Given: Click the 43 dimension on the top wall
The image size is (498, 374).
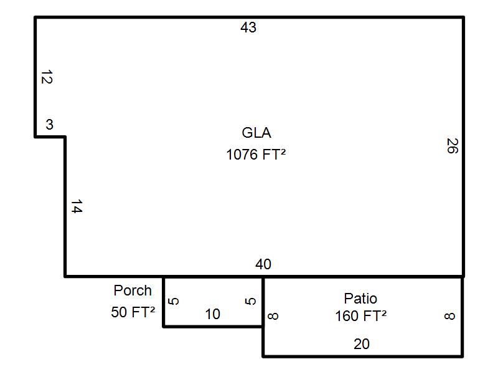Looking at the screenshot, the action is pos(248,27).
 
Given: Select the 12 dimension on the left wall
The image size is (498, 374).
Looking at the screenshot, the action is pos(47,77).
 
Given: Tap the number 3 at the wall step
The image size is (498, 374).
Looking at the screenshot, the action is pos(49,124).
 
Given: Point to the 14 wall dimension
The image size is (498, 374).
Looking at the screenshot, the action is pos(77,206).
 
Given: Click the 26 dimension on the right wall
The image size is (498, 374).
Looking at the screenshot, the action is pos(453,146).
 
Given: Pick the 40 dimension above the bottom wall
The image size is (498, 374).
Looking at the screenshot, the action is pos(263,264).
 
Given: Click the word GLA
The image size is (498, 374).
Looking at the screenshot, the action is pos(256,133).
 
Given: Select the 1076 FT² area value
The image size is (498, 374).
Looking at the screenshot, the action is pos(256,155).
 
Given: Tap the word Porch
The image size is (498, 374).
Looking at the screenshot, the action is pos(133,290).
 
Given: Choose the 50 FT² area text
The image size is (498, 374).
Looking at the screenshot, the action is pos(133,312).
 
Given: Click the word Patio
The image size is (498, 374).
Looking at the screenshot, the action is pos(361,299).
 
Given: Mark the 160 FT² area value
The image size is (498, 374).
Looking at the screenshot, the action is pos(361,316).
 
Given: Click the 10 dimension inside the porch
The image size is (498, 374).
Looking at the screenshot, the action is pos(212,314).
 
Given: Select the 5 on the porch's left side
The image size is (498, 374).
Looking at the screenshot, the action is pos(174,301).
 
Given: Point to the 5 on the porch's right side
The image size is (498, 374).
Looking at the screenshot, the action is pos(251,301).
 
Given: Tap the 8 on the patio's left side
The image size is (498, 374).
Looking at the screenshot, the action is pos(273,316).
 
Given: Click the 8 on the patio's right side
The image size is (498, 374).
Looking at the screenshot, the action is pos(449,316).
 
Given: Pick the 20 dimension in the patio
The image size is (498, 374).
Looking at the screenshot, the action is pos(362,344).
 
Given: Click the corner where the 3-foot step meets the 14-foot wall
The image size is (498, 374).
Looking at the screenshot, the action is pos(65,137).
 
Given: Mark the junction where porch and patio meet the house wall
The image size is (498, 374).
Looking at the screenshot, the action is pos(263,277).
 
